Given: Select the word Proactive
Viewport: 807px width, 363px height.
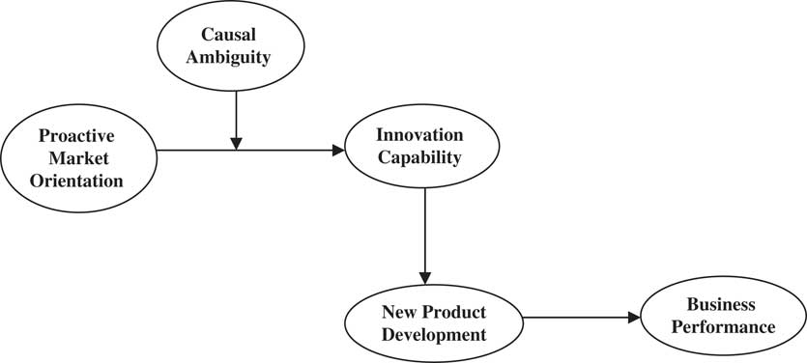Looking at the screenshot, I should (76, 133).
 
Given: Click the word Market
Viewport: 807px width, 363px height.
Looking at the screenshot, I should (76, 157).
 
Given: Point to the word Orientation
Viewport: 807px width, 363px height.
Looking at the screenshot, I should (76, 181).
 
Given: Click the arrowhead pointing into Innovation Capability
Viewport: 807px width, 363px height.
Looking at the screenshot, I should (338, 150).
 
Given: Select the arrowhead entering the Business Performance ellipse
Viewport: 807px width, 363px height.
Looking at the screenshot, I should (634, 317).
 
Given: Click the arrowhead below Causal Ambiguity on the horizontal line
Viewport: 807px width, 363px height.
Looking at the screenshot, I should (236, 143).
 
